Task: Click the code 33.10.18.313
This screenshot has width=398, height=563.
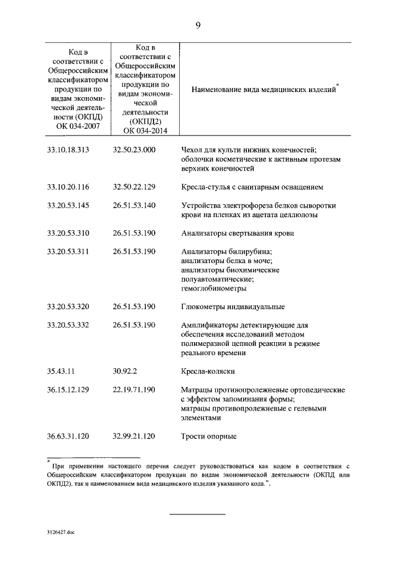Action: tap(68, 149)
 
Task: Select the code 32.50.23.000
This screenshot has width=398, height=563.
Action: tap(134, 149)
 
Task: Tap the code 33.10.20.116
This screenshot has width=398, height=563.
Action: tap(68, 187)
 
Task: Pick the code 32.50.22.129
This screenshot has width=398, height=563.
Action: tap(134, 187)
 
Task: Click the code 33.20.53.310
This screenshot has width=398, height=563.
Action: tap(68, 233)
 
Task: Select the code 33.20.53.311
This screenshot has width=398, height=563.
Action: tap(68, 251)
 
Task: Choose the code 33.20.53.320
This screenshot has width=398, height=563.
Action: tap(68, 307)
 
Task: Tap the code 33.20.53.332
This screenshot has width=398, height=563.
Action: tap(68, 325)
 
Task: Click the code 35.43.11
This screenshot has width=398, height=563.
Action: tap(61, 371)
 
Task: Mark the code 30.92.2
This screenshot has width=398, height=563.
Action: tap(126, 371)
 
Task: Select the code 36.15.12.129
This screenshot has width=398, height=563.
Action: tap(68, 389)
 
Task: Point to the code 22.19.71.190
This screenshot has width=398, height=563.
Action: tap(134, 389)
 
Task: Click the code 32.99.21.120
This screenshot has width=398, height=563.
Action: tap(134, 435)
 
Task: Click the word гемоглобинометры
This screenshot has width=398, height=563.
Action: tap(213, 288)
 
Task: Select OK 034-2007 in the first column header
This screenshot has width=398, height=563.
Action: tap(78, 127)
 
